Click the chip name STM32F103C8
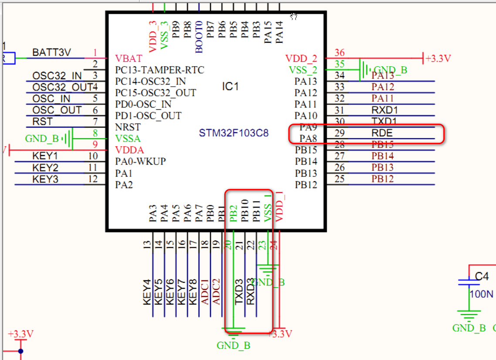[234, 133]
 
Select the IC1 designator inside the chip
[230, 87]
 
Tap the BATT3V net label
[51, 53]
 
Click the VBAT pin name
[128, 58]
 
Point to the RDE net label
[381, 133]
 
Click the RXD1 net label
[384, 110]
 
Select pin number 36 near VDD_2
[340, 53]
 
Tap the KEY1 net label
[45, 156]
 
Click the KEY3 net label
[45, 179]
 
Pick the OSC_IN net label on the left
[51, 99]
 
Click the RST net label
[42, 122]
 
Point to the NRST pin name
[128, 128]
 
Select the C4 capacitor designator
[482, 276]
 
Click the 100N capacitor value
[481, 294]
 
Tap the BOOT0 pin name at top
[199, 37]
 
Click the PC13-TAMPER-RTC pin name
[159, 70]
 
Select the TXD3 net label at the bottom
[239, 292]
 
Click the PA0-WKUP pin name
[140, 162]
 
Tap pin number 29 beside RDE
[340, 133]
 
